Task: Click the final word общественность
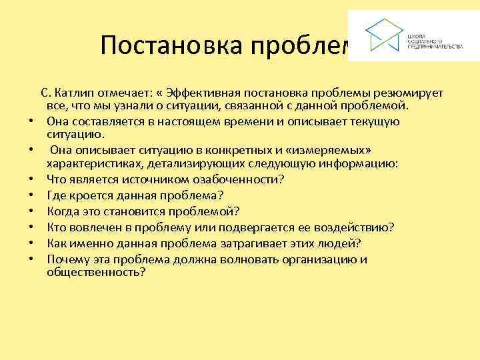point(95,273)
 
